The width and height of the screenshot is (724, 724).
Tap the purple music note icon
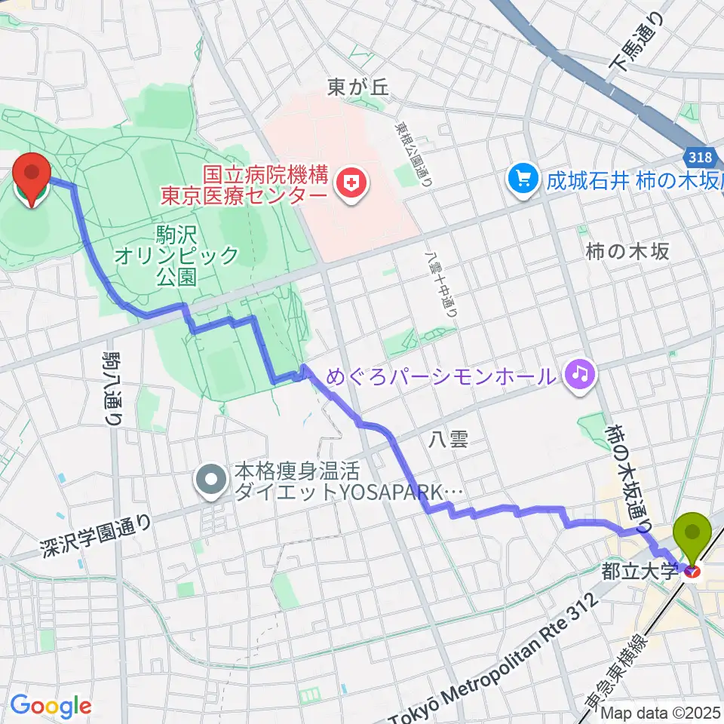pos(579,373)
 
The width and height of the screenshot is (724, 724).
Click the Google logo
pos(51,707)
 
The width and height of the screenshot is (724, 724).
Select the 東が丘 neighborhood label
pos(357,87)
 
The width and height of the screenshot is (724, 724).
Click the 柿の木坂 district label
pos(627,252)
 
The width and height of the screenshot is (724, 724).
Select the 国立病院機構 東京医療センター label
pos(243,186)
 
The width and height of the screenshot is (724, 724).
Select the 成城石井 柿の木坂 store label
pos(630,180)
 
